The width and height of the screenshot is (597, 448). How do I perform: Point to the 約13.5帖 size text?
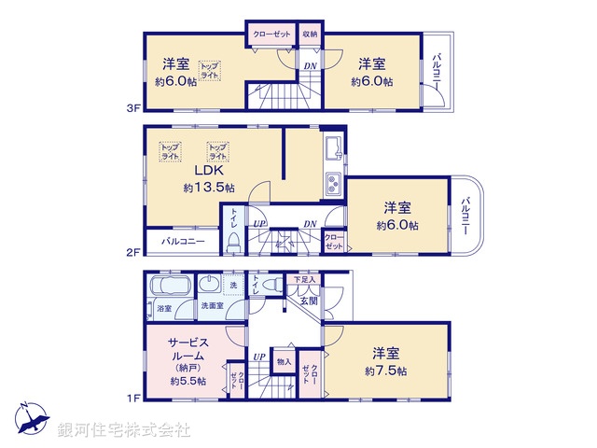click(x=209, y=188)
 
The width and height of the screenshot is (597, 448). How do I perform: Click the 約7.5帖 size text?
click(x=386, y=371)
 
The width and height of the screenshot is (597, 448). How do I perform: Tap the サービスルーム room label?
click(x=187, y=350)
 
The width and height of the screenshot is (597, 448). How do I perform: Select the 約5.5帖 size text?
click(x=187, y=381)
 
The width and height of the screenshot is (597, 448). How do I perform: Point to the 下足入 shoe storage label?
click(x=306, y=279)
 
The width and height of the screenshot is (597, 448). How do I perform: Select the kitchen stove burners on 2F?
click(x=333, y=183)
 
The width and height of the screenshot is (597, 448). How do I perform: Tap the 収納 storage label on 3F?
click(x=310, y=34)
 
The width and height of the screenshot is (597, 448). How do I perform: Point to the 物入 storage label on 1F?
click(x=284, y=362)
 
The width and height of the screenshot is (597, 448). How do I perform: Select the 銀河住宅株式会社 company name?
click(x=123, y=430)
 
